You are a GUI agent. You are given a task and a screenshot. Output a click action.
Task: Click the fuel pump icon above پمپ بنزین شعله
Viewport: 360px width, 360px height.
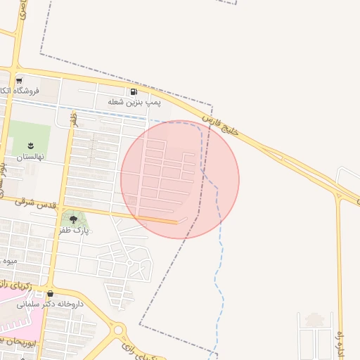[x=134, y=92]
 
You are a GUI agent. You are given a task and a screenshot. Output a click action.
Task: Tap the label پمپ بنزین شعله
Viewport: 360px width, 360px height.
[x=134, y=103]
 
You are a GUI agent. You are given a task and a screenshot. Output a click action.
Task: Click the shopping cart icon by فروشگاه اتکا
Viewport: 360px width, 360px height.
[x=19, y=81]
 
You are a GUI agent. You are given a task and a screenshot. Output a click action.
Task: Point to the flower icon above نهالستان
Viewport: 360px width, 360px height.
[x=30, y=145]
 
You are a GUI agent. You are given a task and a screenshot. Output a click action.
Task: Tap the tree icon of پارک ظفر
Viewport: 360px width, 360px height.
[x=74, y=220]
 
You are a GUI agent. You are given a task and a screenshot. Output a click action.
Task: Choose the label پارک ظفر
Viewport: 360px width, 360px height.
[x=75, y=231]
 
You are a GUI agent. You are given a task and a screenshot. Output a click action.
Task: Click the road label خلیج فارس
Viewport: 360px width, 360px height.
[x=229, y=127]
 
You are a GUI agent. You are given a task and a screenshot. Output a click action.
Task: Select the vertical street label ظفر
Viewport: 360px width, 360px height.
[x=73, y=121]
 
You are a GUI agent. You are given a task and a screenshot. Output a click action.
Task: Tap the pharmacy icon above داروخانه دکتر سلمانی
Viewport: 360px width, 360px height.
[x=49, y=294]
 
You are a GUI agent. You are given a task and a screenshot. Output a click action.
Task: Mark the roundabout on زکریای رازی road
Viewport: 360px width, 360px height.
[x=118, y=329]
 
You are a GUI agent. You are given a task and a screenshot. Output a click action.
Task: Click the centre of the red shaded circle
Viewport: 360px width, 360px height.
[x=180, y=180]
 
